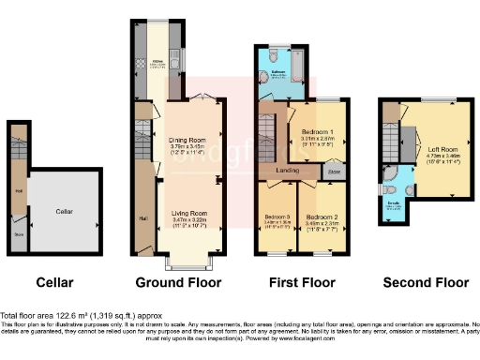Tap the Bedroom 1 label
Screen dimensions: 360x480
point(319,132)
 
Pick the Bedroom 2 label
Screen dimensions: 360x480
point(322,217)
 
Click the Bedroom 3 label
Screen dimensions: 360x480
point(277,217)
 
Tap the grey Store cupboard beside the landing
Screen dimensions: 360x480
point(333,172)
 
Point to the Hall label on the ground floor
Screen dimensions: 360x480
point(143,218)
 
